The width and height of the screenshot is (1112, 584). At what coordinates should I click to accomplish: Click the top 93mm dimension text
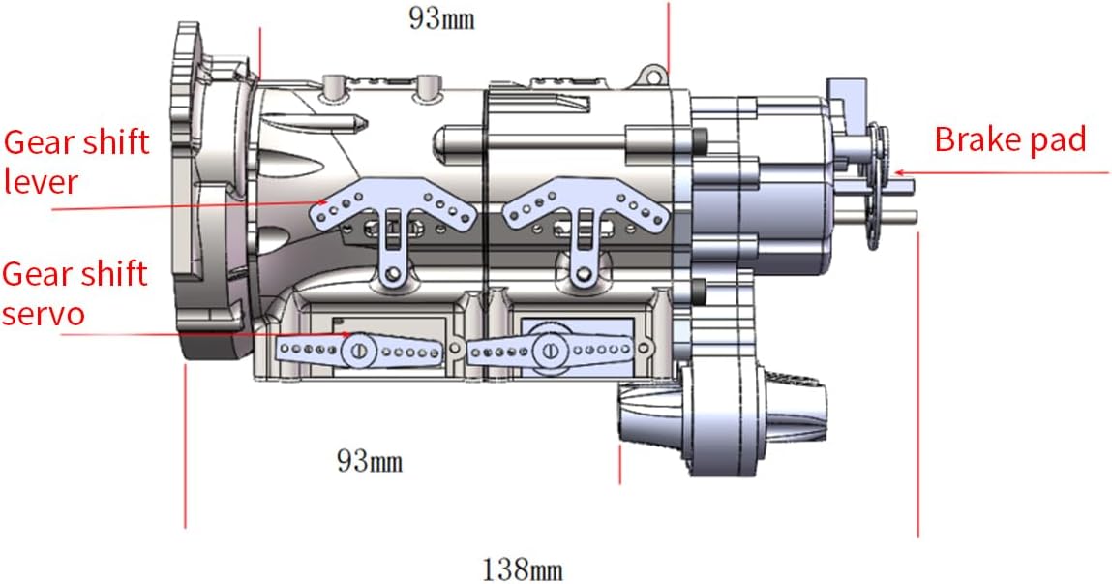pos(440,18)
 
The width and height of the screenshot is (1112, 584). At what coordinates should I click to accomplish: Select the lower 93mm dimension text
pos(369,461)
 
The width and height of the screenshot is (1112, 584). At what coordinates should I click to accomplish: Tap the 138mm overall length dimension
pos(523,569)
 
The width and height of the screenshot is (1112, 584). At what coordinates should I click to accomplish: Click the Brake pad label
pos(1009,139)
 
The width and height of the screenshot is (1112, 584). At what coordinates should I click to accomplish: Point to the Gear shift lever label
pos(76,161)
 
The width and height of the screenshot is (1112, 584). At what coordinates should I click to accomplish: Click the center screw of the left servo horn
pos(357,350)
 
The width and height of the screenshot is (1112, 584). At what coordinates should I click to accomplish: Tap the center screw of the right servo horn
pos(549,350)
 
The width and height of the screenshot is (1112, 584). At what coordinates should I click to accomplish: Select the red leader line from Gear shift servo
pos(194,334)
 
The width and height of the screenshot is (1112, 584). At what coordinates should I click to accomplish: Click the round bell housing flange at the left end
pos(198,194)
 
